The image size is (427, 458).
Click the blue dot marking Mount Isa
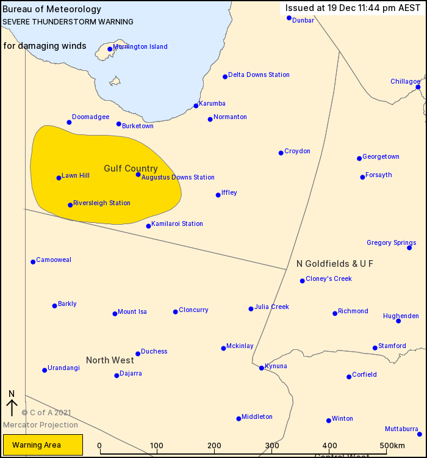click(x=115, y=314)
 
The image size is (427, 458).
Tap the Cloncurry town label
click(x=193, y=310)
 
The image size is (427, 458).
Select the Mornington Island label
click(x=140, y=47)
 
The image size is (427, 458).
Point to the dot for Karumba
click(x=196, y=106)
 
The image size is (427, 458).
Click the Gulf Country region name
click(x=131, y=169)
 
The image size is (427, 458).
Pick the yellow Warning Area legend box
click(x=43, y=445)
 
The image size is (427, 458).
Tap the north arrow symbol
click(x=12, y=404)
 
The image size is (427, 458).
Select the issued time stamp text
click(x=352, y=9)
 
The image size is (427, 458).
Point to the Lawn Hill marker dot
click(x=59, y=178)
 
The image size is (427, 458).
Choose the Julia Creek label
click(x=271, y=307)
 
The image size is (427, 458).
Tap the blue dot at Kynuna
click(x=261, y=368)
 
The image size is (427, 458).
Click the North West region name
click(x=110, y=360)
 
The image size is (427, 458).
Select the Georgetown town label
click(x=381, y=157)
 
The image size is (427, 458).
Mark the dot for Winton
click(x=329, y=420)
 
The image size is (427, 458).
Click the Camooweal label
click(x=54, y=260)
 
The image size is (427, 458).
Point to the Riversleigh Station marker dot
click(x=70, y=205)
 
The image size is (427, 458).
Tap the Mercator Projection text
click(x=40, y=425)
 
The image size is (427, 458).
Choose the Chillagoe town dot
click(x=418, y=87)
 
